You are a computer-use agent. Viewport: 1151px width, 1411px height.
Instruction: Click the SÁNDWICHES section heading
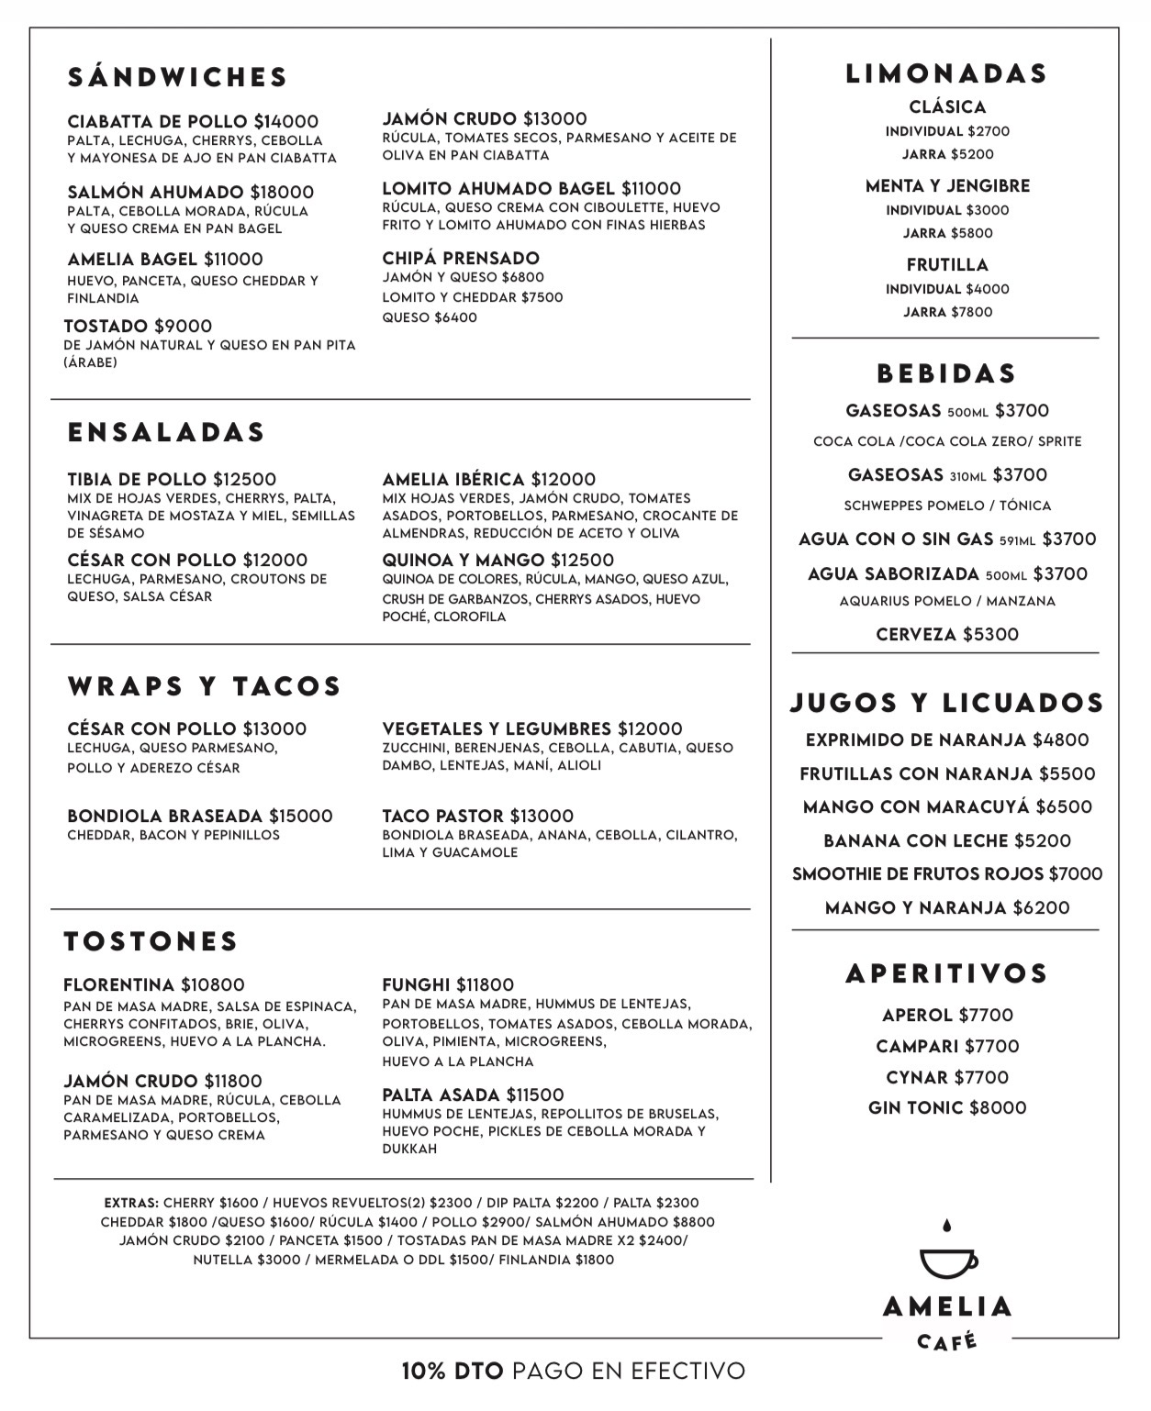pyautogui.click(x=178, y=77)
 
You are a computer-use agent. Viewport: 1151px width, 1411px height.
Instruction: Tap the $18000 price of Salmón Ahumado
pyautogui.click(x=282, y=192)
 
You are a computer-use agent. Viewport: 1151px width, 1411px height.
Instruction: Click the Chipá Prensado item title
pyautogui.click(x=461, y=258)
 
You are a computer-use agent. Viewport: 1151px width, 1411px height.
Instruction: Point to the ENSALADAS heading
pyautogui.click(x=166, y=432)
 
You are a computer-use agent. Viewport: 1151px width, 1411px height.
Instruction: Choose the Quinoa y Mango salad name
pyautogui.click(x=464, y=560)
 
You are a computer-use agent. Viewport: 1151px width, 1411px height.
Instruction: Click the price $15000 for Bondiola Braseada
pyautogui.click(x=300, y=816)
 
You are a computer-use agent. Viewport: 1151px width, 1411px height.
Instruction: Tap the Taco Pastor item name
pyautogui.click(x=442, y=816)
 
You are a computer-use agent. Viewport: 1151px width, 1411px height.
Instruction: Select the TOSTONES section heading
pyautogui.click(x=151, y=941)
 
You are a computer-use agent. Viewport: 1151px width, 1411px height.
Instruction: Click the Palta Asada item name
pyautogui.click(x=441, y=1094)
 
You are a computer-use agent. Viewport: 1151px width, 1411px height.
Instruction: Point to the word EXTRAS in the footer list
pyautogui.click(x=131, y=1203)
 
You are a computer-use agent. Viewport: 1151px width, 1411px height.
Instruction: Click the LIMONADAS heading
pyautogui.click(x=946, y=73)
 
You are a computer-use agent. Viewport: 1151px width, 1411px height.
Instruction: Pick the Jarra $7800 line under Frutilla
pyautogui.click(x=947, y=312)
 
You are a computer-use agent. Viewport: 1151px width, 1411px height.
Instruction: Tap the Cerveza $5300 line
pyautogui.click(x=947, y=634)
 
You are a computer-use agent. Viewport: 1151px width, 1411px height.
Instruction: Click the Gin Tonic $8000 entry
pyautogui.click(x=947, y=1107)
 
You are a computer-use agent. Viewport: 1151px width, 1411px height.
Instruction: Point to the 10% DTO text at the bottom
pyautogui.click(x=453, y=1371)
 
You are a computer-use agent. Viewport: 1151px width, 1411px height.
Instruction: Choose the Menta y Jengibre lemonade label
pyautogui.click(x=947, y=185)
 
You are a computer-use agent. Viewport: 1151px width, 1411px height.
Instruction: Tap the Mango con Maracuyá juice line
pyautogui.click(x=947, y=806)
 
